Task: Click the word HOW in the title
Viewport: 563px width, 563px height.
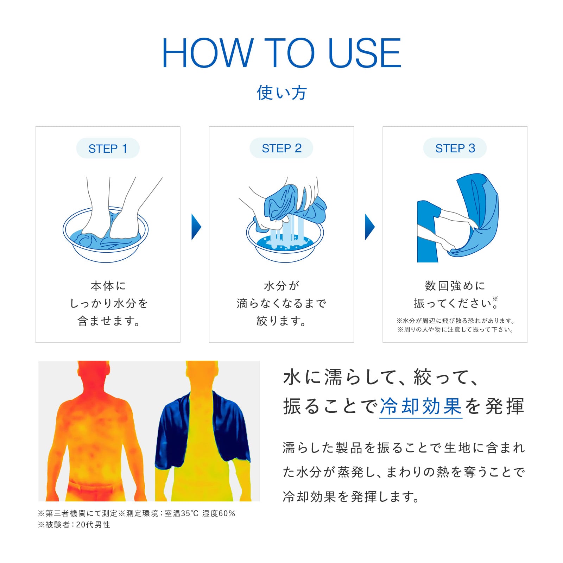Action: [208, 53]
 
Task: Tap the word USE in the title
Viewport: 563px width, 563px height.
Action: [365, 53]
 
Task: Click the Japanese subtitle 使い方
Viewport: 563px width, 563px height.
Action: [281, 93]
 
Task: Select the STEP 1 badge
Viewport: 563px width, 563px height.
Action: [108, 148]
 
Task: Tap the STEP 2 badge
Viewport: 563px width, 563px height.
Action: [281, 148]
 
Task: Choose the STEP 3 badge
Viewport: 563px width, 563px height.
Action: [455, 148]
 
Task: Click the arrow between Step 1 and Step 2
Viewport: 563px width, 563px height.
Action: [196, 227]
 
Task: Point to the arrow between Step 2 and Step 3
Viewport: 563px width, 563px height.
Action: [369, 227]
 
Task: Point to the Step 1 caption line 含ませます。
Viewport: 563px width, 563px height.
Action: [108, 321]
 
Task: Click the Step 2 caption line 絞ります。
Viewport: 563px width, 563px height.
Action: [281, 321]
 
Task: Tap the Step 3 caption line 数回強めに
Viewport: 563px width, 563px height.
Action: [455, 285]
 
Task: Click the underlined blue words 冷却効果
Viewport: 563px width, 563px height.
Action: [421, 406]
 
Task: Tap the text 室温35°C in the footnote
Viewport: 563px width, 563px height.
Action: [182, 513]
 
